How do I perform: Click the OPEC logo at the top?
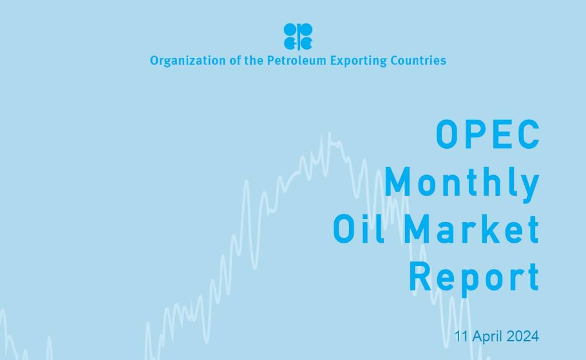coord(298,36)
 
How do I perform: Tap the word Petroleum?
coord(296,60)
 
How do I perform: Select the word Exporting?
coord(358,60)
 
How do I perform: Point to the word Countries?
coord(418,60)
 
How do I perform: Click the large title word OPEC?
coord(487,135)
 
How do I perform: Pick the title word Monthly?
coord(462,183)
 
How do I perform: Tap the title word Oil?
coord(358,229)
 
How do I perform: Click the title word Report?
coord(474,276)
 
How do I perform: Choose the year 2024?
coord(521,337)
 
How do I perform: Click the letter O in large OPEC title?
coord(447,135)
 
